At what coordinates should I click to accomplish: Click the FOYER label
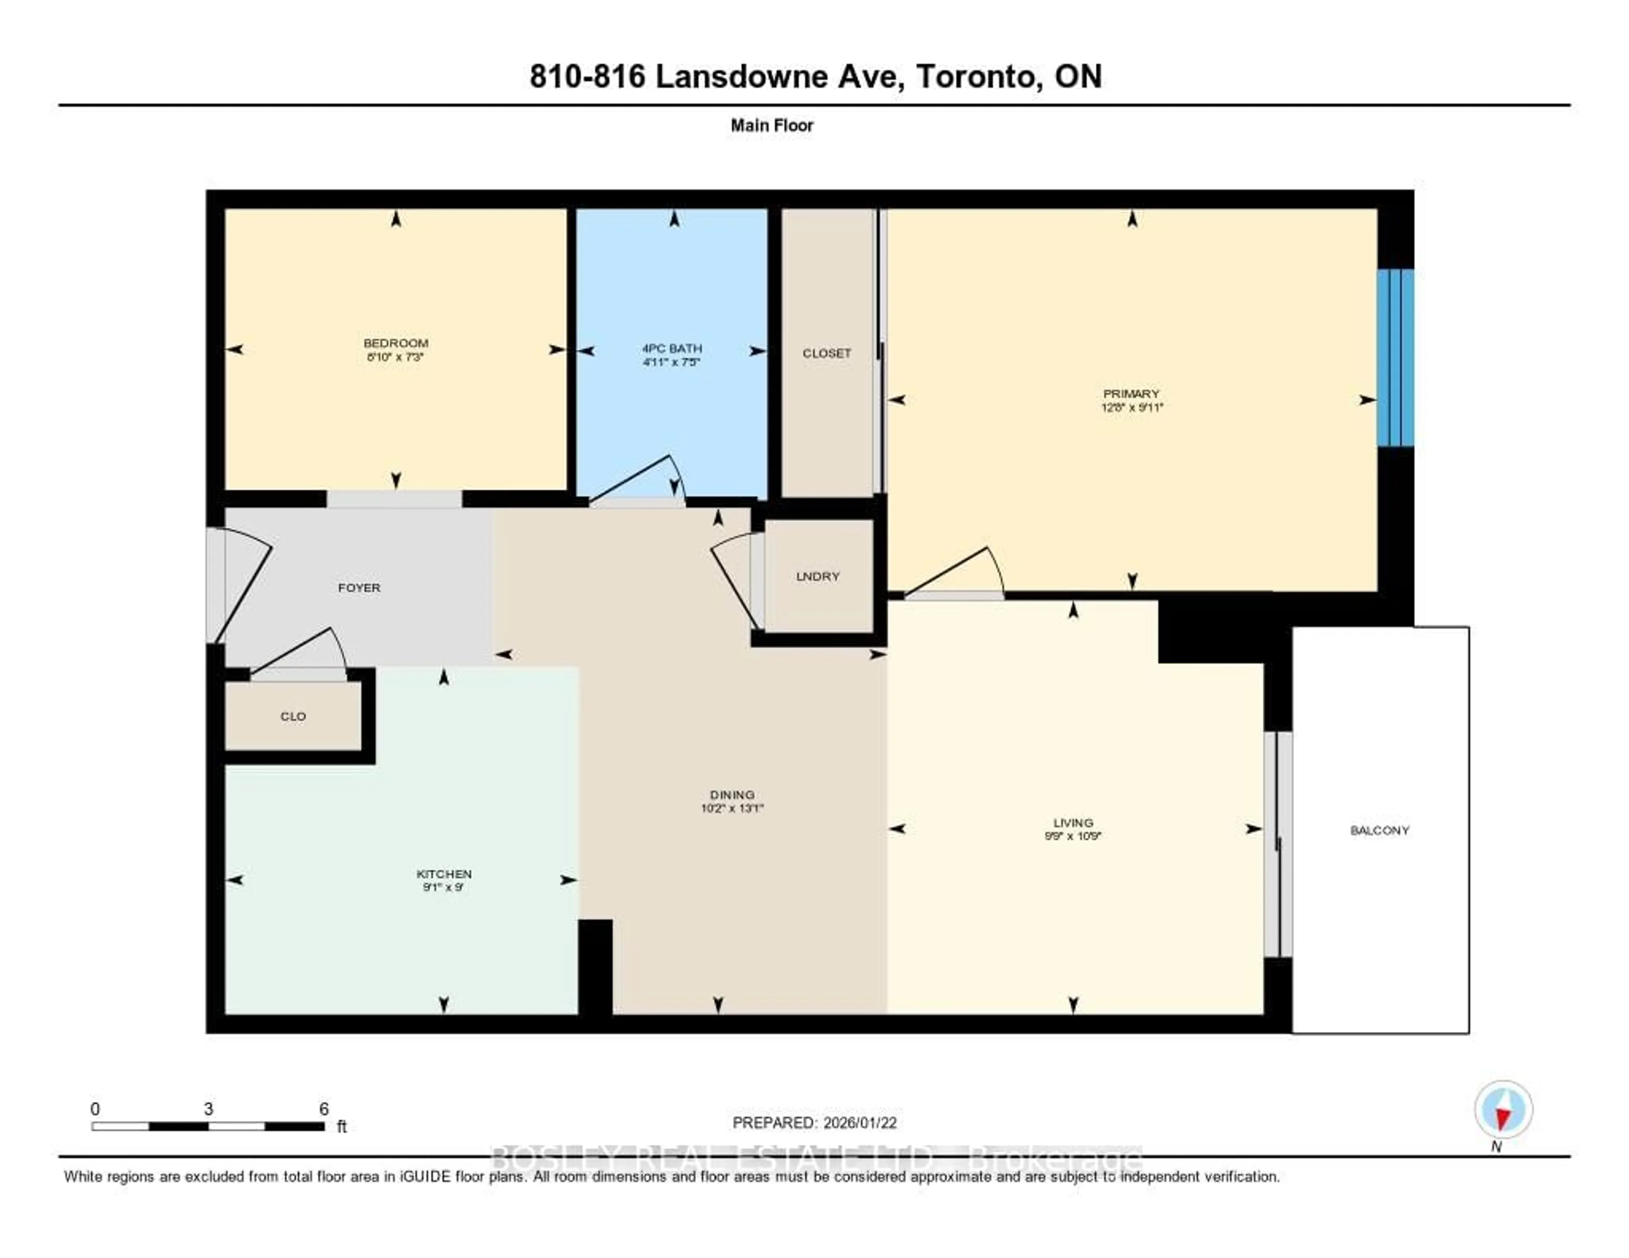coord(359,587)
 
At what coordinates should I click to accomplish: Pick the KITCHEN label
coord(444,873)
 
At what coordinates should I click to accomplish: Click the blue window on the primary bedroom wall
coord(1395,358)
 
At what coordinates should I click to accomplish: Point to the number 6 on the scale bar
coord(324,1109)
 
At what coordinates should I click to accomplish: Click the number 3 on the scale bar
coord(208,1109)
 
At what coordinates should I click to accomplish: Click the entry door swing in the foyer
coord(242,585)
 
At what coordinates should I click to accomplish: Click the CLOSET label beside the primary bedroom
coord(826,353)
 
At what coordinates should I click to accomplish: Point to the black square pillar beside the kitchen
coord(595,967)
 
